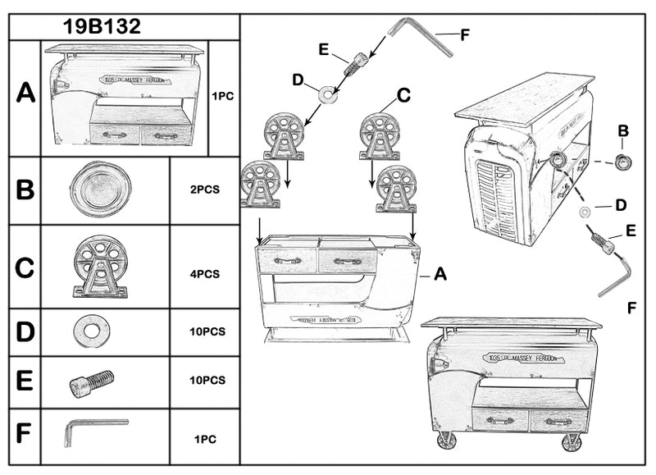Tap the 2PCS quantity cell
point(204,189)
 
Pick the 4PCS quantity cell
point(204,274)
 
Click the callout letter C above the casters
point(403,96)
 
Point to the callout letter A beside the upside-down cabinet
point(440,276)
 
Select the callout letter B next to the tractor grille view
point(623,130)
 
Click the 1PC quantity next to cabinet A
point(223,96)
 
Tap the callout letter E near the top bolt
point(324,50)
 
